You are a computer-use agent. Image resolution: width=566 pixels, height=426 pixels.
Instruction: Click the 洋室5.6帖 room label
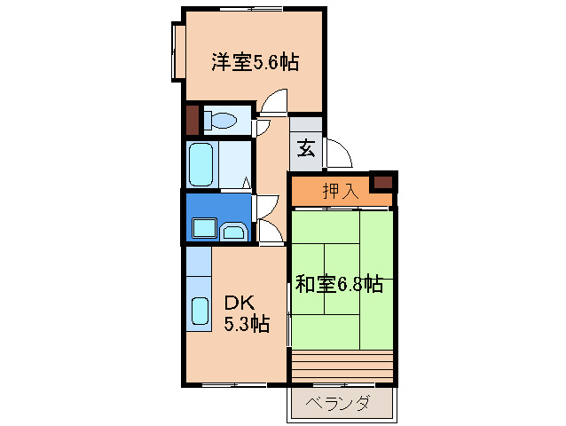click(x=254, y=62)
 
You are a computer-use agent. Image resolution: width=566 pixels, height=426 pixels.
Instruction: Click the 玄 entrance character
click(x=305, y=148)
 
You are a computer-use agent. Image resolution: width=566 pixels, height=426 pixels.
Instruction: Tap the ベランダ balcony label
click(x=339, y=405)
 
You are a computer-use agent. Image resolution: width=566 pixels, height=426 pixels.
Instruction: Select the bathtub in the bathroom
click(x=201, y=164)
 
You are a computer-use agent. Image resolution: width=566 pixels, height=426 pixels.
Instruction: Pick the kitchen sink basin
click(x=200, y=312)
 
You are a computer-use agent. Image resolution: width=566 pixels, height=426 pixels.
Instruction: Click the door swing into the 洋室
click(x=274, y=103)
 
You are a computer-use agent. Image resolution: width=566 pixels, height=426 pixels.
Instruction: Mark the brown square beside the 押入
click(x=382, y=183)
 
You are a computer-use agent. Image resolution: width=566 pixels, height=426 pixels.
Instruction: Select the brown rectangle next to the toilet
click(x=193, y=120)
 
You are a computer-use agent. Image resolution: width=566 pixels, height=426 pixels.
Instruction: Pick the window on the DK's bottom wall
click(x=232, y=384)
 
